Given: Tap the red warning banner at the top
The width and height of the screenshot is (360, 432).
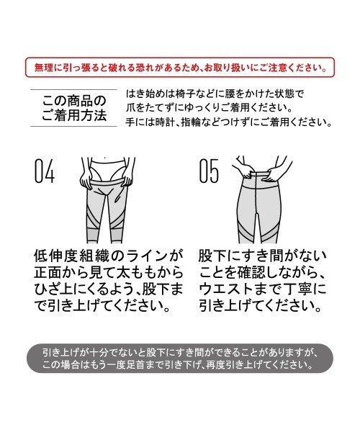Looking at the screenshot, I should click(180, 68).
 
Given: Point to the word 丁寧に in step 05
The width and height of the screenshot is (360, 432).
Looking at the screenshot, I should click(307, 289).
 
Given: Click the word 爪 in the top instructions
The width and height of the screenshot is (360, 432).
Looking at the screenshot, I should click(131, 108).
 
